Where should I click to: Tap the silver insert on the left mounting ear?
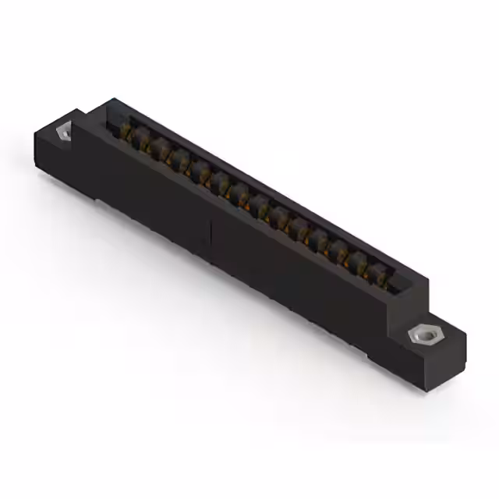click(63, 131)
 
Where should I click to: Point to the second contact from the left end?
click(142, 143)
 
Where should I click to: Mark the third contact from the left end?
click(161, 150)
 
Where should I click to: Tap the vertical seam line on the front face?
click(211, 234)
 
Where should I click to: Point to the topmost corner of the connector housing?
click(113, 99)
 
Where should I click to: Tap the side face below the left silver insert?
click(55, 160)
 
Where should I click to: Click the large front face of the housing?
click(257, 265)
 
